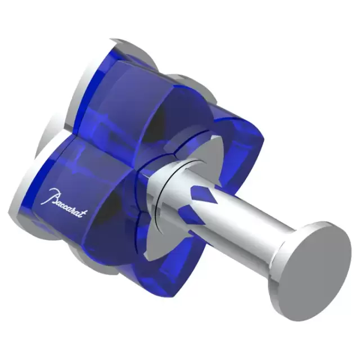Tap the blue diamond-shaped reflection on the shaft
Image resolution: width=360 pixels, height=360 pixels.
pos(202,198)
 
